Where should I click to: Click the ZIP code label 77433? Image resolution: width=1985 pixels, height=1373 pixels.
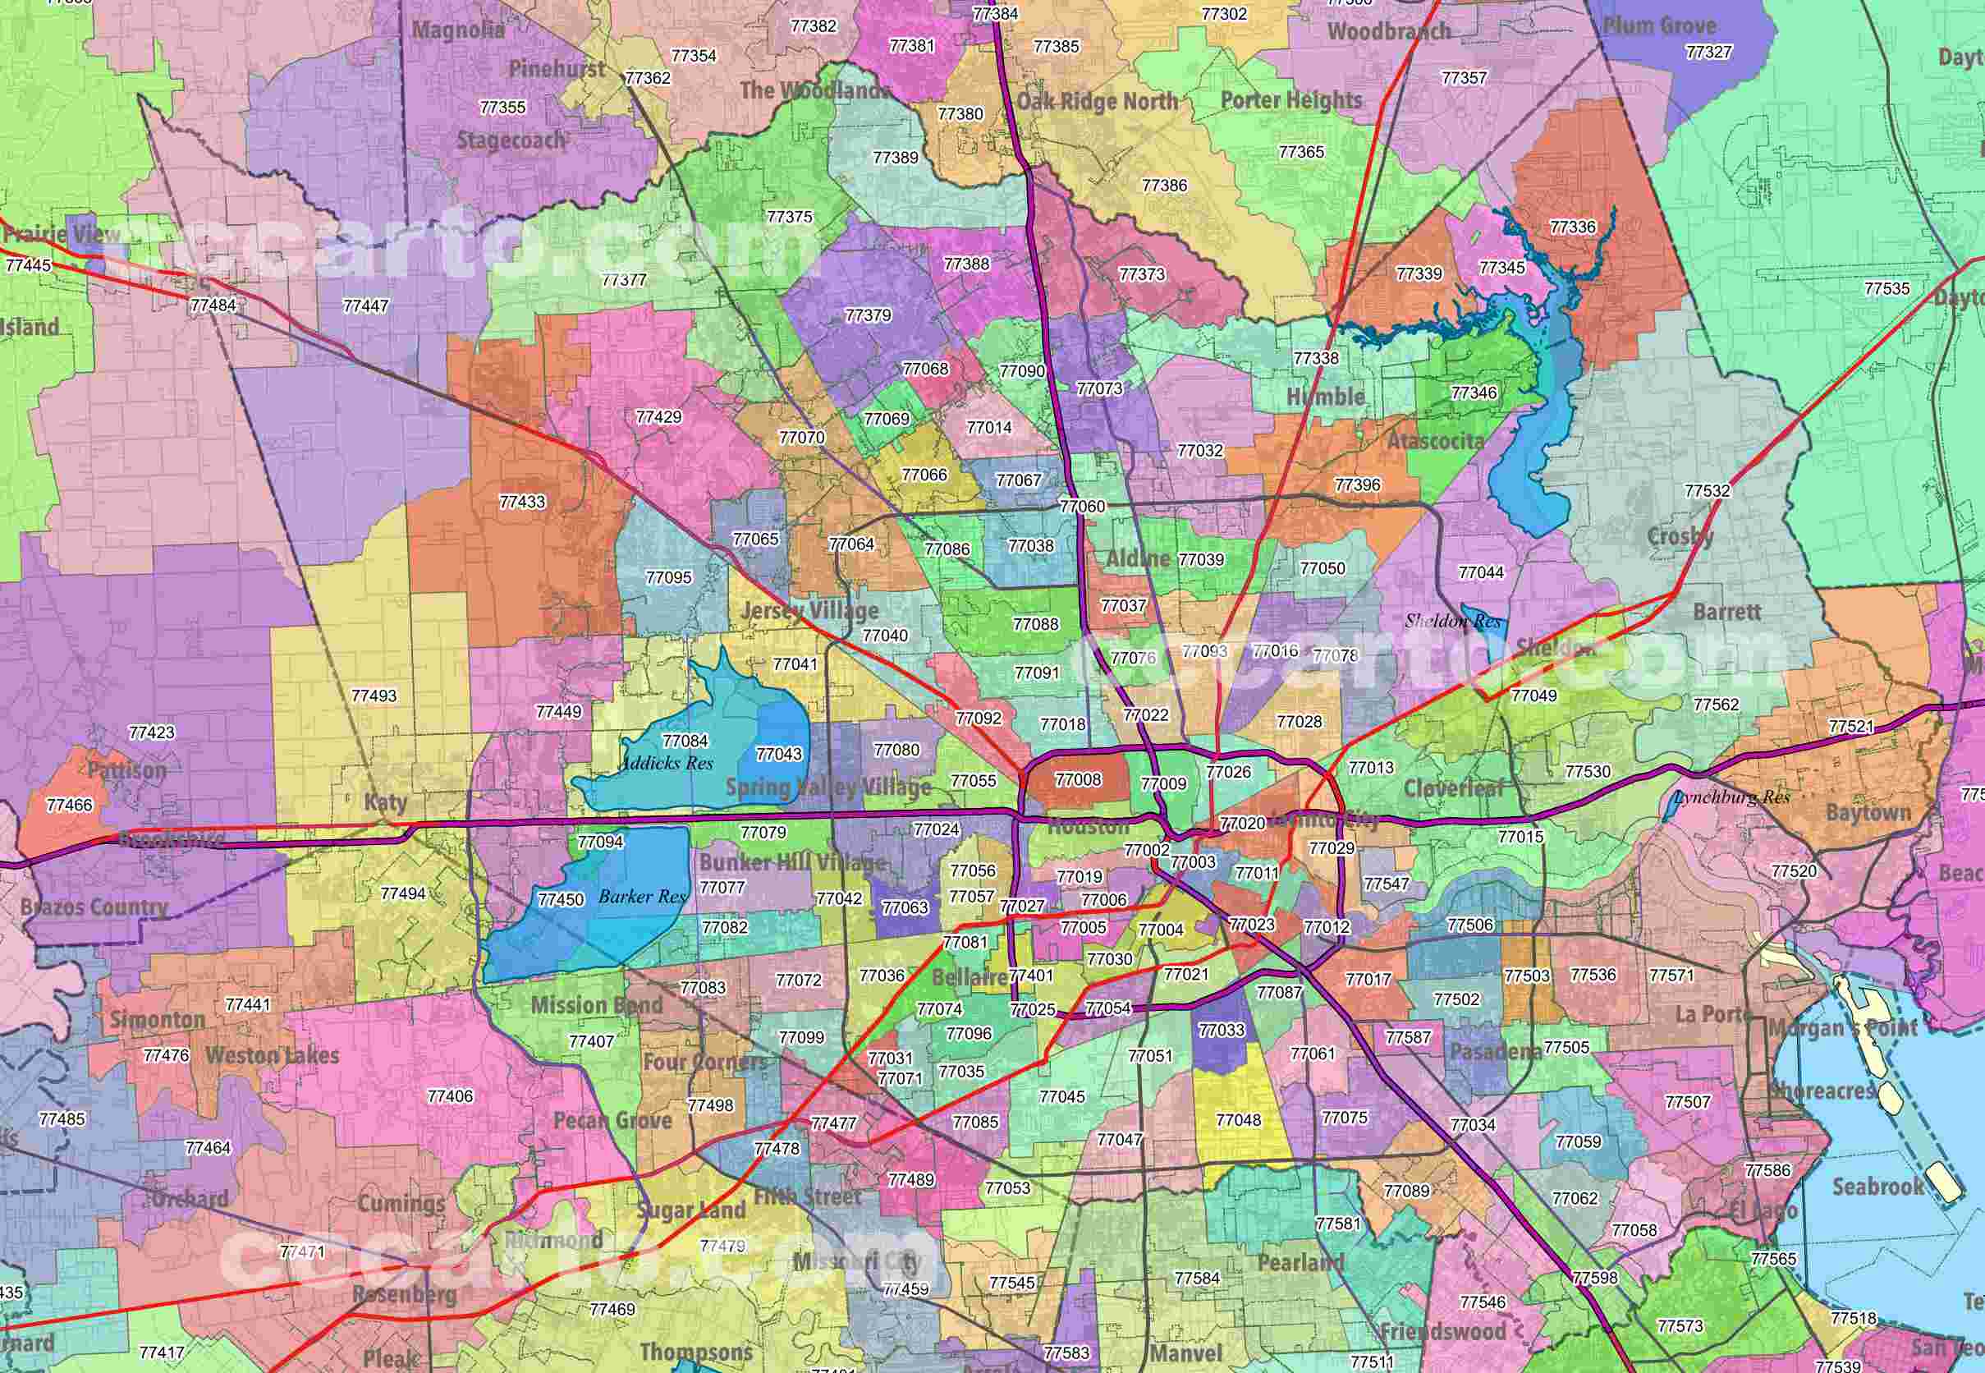click(522, 502)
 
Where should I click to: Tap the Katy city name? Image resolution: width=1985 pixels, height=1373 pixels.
click(385, 801)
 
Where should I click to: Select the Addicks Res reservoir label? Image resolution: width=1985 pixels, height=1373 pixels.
click(667, 763)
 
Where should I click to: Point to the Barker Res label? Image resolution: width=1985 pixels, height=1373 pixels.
click(643, 897)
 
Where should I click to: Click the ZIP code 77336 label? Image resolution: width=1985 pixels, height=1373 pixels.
click(1573, 227)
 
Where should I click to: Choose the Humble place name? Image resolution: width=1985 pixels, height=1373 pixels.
click(1325, 397)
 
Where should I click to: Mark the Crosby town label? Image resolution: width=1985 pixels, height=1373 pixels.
click(1680, 537)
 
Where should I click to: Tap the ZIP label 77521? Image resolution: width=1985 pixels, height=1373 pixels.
click(1851, 726)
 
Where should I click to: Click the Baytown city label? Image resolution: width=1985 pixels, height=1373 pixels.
click(1868, 812)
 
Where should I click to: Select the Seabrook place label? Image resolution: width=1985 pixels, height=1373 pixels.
click(1877, 1187)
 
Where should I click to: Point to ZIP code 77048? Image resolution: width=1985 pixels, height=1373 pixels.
click(1239, 1119)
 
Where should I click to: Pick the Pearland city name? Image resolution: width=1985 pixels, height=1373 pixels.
click(1300, 1262)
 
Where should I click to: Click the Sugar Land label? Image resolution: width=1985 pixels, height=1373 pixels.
click(691, 1210)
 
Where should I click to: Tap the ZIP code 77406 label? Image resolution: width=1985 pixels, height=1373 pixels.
click(450, 1096)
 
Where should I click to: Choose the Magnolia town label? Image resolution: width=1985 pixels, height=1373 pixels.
click(458, 30)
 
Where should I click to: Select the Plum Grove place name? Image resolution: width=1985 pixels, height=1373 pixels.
click(1659, 25)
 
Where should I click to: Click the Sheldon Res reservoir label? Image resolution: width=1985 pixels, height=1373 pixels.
click(1452, 620)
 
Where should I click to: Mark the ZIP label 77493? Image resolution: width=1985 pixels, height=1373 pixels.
click(374, 695)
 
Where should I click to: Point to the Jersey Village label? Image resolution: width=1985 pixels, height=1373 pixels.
click(809, 611)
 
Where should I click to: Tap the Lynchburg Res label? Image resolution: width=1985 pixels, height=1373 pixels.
click(1732, 797)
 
